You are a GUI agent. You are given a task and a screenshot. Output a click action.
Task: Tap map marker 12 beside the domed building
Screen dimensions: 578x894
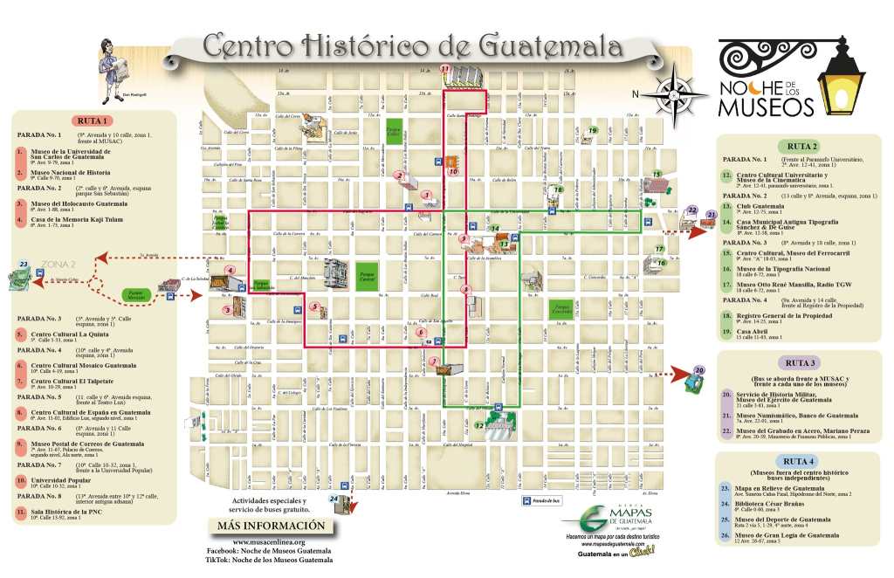pyautogui.click(x=480, y=425)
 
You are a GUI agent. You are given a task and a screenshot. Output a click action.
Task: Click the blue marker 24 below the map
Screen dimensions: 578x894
pyautogui.click(x=334, y=499)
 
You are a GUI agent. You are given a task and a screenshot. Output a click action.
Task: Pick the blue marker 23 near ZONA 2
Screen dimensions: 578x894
pyautogui.click(x=24, y=265)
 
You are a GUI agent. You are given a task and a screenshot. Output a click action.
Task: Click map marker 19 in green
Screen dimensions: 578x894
pyautogui.click(x=593, y=131)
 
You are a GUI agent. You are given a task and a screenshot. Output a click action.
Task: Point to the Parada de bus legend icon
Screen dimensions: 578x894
pyautogui.click(x=526, y=500)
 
